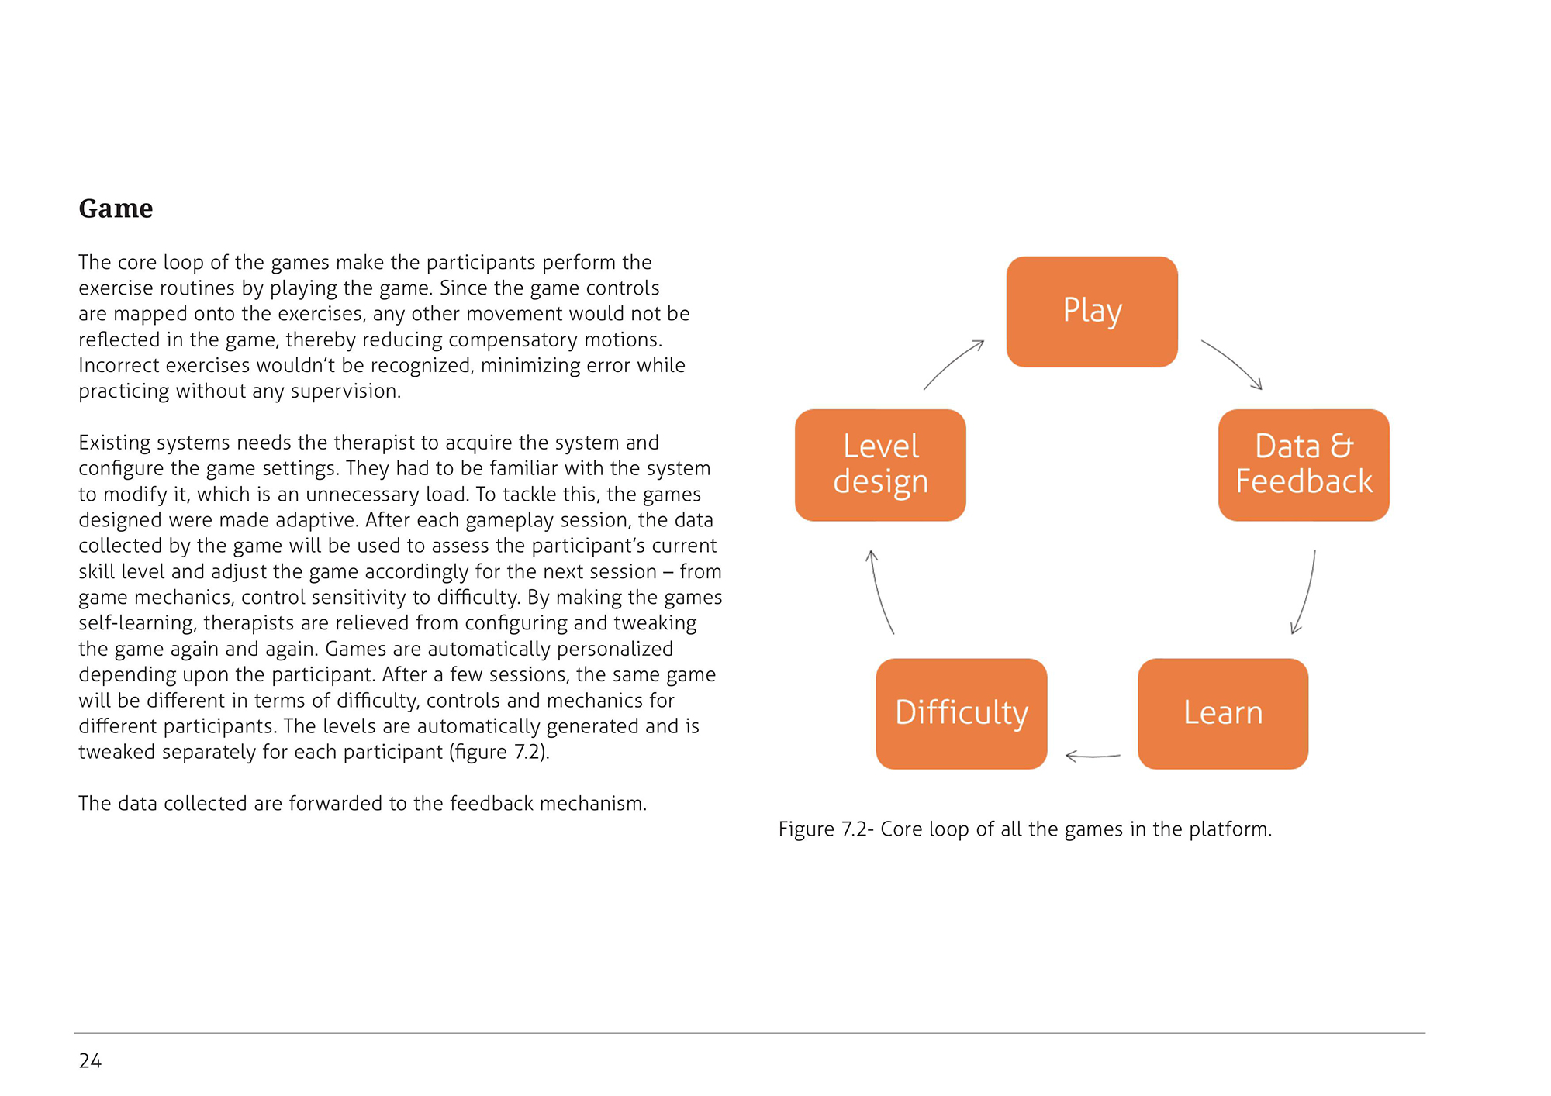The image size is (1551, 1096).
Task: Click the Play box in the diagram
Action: [1092, 312]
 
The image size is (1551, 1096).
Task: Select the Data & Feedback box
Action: [1304, 465]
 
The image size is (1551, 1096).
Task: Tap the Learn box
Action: [1223, 713]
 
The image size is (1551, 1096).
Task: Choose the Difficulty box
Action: [962, 713]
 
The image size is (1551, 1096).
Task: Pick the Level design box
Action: [880, 465]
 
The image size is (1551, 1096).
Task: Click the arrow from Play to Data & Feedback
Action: [1233, 363]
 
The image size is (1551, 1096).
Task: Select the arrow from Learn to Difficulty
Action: [1093, 756]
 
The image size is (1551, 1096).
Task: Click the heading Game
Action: [116, 209]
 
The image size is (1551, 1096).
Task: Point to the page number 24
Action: [90, 1060]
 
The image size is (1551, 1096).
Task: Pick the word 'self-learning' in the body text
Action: [136, 623]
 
